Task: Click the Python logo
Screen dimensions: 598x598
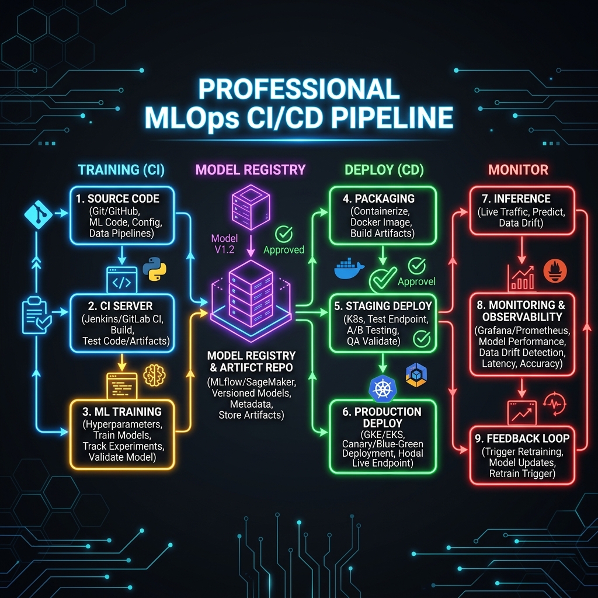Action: (154, 269)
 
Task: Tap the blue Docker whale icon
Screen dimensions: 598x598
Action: (349, 269)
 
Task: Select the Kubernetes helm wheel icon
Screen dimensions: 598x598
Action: (383, 388)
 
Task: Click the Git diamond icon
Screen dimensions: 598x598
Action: (39, 215)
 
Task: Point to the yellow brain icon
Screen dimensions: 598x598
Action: (154, 376)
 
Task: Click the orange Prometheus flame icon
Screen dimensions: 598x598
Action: (555, 271)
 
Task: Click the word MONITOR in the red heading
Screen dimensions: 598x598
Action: (518, 170)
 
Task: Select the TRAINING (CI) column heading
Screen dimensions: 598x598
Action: (121, 170)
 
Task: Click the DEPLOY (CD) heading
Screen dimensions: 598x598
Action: (384, 170)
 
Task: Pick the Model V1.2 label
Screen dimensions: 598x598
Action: (224, 244)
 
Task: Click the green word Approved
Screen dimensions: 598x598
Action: (284, 250)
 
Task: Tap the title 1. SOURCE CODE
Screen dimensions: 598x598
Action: (117, 199)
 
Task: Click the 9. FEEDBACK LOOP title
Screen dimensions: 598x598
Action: (522, 439)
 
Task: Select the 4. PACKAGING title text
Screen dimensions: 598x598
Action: (378, 199)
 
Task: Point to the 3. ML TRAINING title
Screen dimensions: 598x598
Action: (122, 412)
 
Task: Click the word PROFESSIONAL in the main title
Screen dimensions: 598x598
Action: (299, 89)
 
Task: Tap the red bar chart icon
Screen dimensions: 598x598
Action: (520, 277)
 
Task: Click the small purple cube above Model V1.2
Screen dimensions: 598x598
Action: (251, 207)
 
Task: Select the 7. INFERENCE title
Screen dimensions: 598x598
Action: (516, 199)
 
